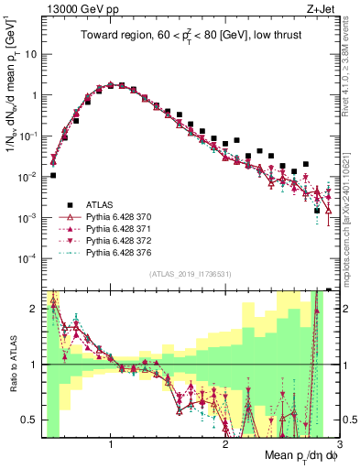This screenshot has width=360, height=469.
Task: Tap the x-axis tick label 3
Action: (339, 445)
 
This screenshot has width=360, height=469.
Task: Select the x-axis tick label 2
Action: (225, 445)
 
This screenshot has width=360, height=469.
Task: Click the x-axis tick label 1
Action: (111, 445)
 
